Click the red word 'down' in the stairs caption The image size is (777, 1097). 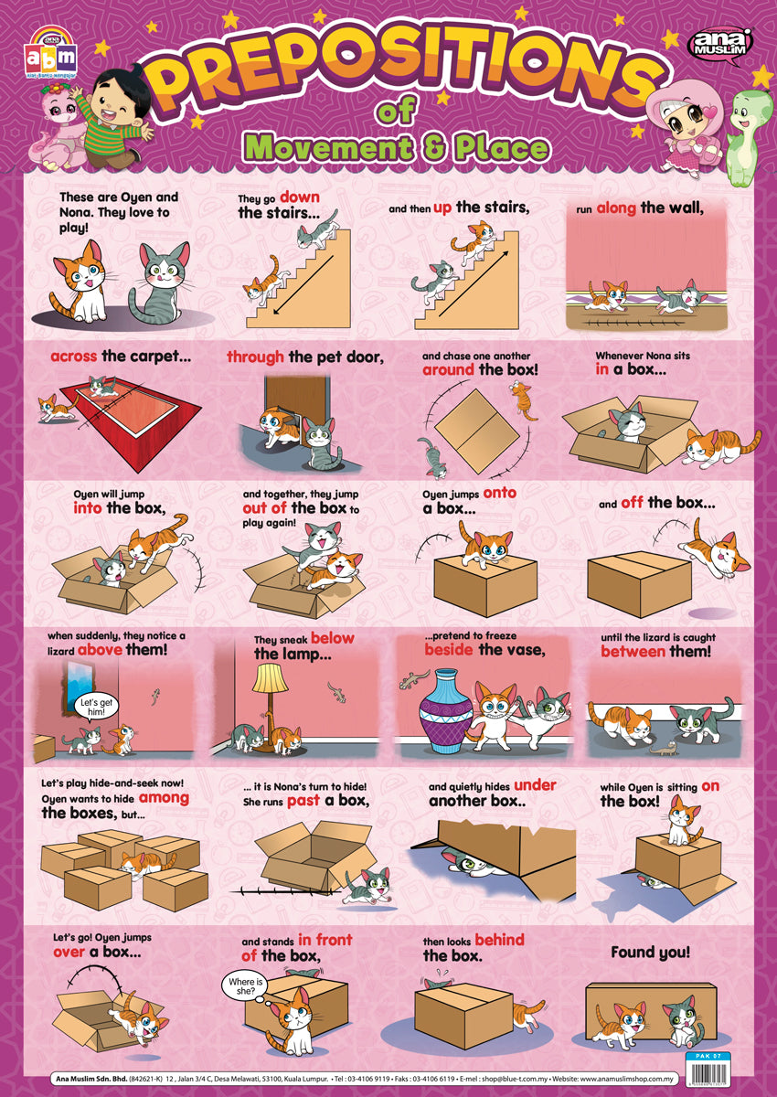[300, 197]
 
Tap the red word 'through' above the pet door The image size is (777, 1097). [256, 357]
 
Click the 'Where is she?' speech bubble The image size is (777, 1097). [245, 986]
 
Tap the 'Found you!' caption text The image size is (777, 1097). [650, 952]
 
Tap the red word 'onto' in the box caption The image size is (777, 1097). [499, 493]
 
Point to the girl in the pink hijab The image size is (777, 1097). [681, 119]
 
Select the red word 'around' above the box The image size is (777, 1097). [448, 370]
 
